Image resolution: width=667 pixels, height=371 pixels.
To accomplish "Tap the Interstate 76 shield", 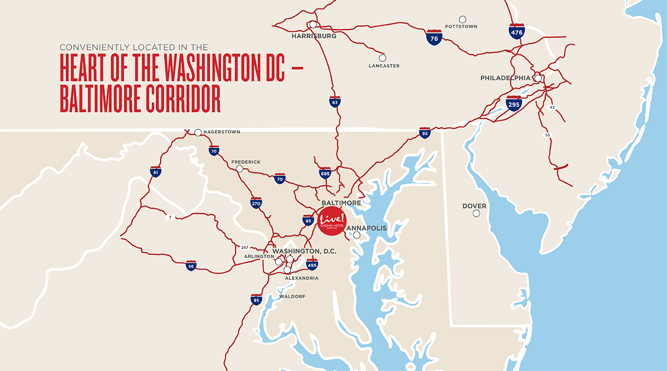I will (434, 37).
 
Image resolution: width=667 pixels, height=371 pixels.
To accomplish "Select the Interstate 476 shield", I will (517, 31).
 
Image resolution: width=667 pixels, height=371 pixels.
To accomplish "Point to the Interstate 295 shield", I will (513, 103).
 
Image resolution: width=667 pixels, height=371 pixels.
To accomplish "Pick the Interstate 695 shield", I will (325, 173).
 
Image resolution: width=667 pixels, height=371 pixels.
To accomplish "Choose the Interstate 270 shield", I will (256, 202).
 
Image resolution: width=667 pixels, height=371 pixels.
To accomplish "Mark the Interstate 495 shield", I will (312, 264).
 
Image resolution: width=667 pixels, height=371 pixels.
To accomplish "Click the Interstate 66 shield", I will (191, 266).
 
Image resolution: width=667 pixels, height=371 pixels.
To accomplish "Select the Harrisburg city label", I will (314, 36).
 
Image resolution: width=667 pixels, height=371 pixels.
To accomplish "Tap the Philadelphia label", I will (505, 78).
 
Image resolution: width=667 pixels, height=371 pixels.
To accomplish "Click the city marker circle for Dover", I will (476, 214).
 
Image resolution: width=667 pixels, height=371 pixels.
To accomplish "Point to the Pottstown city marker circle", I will (463, 19).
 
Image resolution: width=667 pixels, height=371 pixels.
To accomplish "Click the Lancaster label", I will (384, 66).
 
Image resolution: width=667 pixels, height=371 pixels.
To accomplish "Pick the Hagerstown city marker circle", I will (198, 132).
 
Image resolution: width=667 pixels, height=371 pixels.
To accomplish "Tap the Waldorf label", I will (292, 296).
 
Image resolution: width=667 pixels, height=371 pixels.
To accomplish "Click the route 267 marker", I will (244, 248).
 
